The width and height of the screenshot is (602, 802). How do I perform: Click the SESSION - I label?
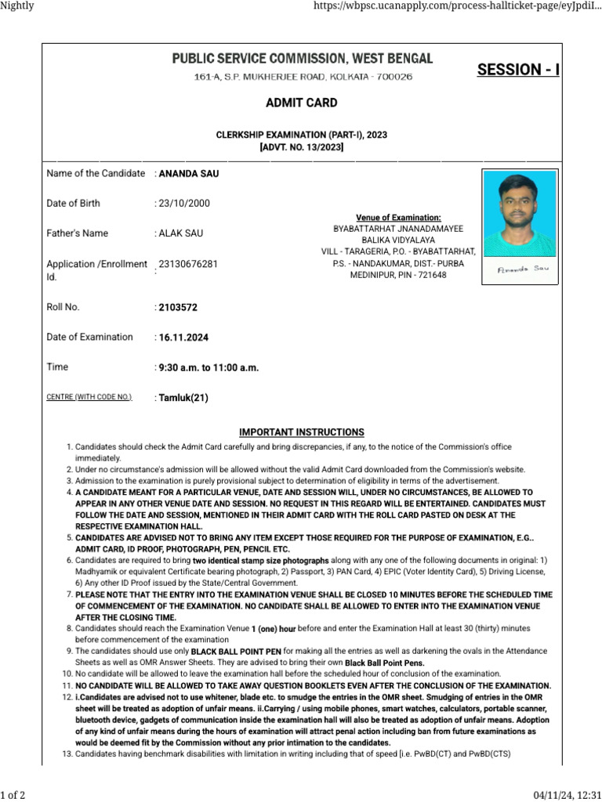click(x=518, y=70)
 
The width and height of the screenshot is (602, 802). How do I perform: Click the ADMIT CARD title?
click(x=302, y=103)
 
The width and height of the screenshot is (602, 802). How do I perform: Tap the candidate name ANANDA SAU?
click(x=189, y=174)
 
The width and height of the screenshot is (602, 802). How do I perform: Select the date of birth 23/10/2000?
click(x=184, y=204)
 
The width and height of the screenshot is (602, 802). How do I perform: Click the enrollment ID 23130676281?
click(x=188, y=264)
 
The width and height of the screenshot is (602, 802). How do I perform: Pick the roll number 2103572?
click(x=178, y=308)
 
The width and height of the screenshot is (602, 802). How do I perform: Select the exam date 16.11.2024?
click(x=183, y=338)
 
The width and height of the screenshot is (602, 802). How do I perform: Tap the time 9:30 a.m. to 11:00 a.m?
click(x=209, y=367)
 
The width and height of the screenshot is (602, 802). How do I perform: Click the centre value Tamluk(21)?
click(x=183, y=398)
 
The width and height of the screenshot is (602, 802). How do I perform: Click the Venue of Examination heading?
click(x=398, y=218)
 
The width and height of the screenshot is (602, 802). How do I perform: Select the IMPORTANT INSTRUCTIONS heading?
click(x=301, y=432)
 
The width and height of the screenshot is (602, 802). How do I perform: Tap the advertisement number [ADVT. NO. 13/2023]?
click(x=302, y=147)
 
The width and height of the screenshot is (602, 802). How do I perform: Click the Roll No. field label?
click(x=63, y=308)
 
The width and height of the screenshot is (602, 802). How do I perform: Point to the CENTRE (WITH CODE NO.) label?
click(x=89, y=398)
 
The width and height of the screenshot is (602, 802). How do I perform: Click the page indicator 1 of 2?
click(x=13, y=796)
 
